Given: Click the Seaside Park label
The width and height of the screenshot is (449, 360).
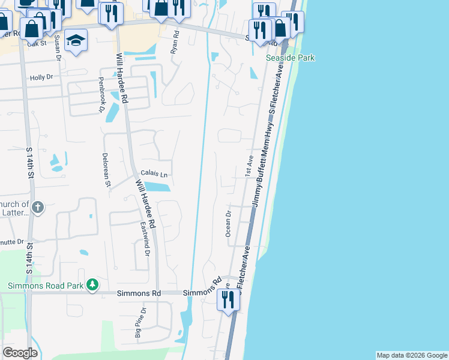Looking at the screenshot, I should pos(291,58).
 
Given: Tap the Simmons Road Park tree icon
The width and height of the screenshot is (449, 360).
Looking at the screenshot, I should pos(92,284).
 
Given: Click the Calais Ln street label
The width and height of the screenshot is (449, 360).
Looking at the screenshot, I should pos(154,173).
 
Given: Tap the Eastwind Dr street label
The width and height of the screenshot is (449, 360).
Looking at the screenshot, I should pos(145,239).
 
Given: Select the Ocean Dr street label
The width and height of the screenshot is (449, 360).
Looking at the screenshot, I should pos(228,224).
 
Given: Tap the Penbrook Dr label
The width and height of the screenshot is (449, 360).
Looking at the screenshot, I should pos(101,95).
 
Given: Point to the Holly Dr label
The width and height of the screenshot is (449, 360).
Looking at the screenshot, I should pos(41,77).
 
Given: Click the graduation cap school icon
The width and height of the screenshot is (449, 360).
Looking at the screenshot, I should pos(76,40).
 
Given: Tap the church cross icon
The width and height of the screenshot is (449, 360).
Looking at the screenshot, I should pos(38,208).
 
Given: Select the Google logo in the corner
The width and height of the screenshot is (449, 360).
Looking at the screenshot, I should pos(20,353).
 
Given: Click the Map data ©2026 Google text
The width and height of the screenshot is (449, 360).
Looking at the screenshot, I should pos(412,355).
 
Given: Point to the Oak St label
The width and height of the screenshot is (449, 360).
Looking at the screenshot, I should pos(37,44).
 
